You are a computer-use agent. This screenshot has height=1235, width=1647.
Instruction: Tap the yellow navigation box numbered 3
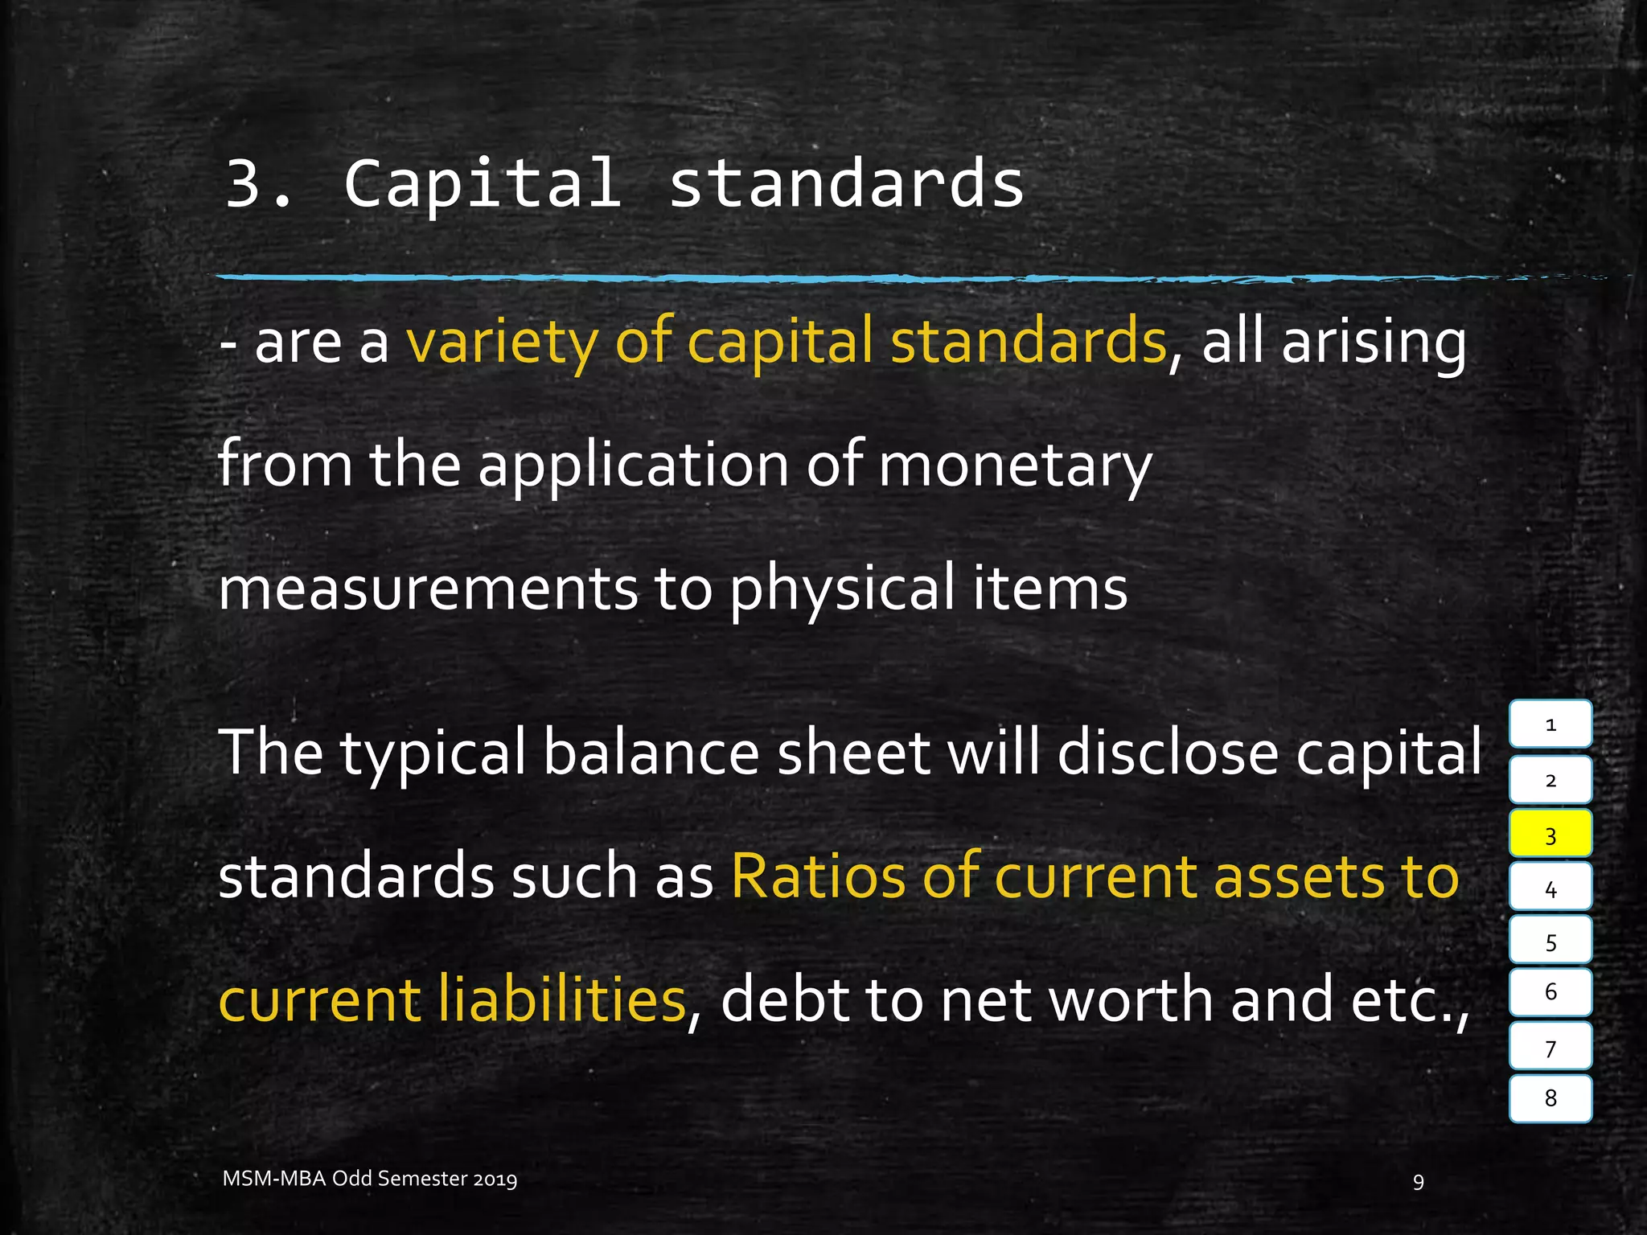[x=1550, y=834]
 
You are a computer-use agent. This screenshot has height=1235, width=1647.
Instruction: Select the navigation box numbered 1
[x=1550, y=724]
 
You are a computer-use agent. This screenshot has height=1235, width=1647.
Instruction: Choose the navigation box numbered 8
[x=1550, y=1098]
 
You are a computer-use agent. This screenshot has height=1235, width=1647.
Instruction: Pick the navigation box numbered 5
[x=1550, y=941]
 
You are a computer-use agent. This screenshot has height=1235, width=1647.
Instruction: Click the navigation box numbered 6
[x=1550, y=992]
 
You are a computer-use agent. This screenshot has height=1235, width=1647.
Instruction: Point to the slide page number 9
[x=1418, y=1181]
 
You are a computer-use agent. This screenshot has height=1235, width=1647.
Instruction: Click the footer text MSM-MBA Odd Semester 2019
[x=370, y=1179]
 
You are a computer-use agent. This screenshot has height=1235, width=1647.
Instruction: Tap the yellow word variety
[x=502, y=342]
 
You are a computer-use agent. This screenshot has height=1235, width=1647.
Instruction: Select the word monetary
[x=1015, y=466]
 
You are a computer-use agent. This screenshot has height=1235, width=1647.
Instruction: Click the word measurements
[x=427, y=589]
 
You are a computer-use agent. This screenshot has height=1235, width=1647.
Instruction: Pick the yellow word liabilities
[x=561, y=999]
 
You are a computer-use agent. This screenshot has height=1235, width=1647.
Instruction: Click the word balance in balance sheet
[x=651, y=753]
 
